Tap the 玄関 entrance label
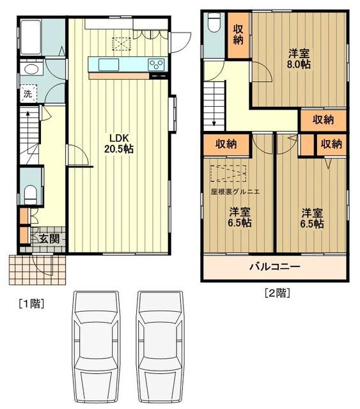(49, 239)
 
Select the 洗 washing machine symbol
(27, 95)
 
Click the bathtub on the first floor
(33, 38)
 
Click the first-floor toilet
(30, 192)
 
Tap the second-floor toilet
(214, 25)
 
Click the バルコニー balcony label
(274, 266)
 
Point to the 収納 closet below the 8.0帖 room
(324, 120)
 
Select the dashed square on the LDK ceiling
(121, 43)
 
